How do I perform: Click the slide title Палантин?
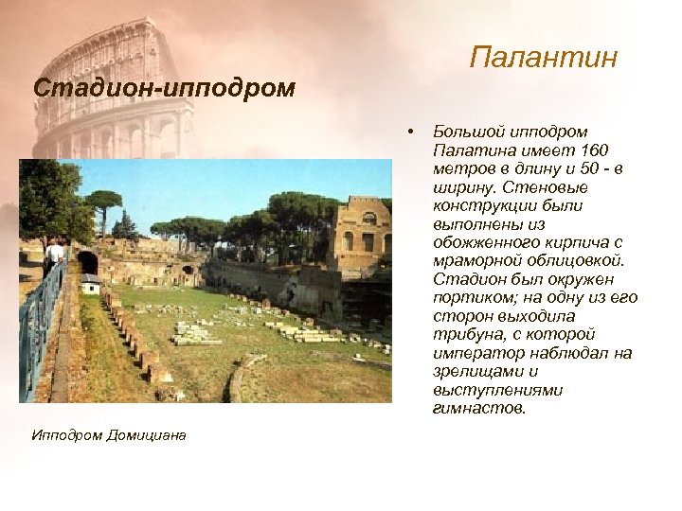(543, 59)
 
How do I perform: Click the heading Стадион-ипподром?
(164, 88)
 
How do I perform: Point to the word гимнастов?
(477, 409)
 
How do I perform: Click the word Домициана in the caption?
(146, 434)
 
